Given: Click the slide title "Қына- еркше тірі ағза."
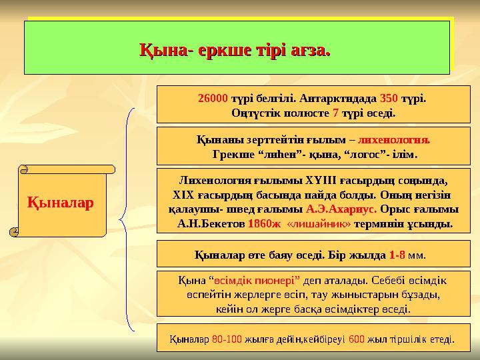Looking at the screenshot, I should (x=234, y=49).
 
